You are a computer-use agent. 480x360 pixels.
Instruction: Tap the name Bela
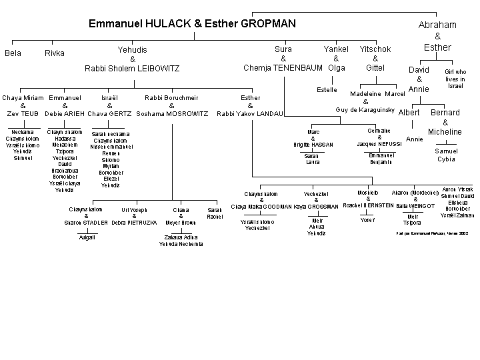pyautogui.click(x=13, y=53)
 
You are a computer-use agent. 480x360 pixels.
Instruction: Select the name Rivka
pyautogui.click(x=55, y=53)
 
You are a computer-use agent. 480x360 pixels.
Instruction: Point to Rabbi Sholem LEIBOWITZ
pyautogui.click(x=132, y=68)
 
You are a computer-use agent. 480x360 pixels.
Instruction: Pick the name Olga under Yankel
pyautogui.click(x=337, y=68)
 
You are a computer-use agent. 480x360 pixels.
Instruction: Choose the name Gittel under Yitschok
pyautogui.click(x=375, y=68)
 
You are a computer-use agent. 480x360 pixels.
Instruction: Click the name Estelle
pyautogui.click(x=327, y=89)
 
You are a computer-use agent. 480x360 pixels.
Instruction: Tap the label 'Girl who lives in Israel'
pyautogui.click(x=455, y=79)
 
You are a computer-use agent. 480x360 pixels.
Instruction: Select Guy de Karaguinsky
pyautogui.click(x=366, y=109)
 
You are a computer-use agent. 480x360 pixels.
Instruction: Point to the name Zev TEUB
pyautogui.click(x=23, y=114)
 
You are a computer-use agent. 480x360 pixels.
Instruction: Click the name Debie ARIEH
pyautogui.click(x=65, y=114)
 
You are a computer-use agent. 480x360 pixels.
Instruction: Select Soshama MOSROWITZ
pyautogui.click(x=172, y=114)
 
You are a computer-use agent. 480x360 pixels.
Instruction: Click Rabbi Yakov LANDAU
pyautogui.click(x=250, y=114)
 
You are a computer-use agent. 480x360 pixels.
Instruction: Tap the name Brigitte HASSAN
pyautogui.click(x=313, y=144)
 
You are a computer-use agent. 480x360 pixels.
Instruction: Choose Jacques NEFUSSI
pyautogui.click(x=379, y=144)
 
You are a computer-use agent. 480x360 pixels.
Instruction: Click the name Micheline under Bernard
pyautogui.click(x=445, y=132)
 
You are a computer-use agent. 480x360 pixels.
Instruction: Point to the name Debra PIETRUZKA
pyautogui.click(x=134, y=223)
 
